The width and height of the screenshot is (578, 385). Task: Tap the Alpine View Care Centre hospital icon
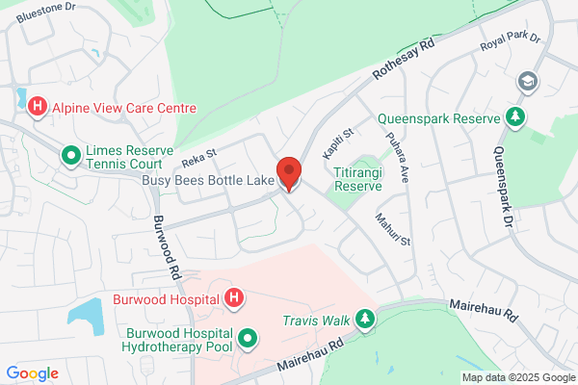[x=38, y=107]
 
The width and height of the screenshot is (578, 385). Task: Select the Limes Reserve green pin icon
[x=70, y=154]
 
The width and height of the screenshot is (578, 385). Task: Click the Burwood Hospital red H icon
[x=233, y=299]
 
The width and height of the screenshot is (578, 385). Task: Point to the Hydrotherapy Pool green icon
[x=248, y=339]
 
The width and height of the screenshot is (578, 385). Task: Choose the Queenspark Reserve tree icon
[x=516, y=117]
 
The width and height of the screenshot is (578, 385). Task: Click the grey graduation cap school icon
[x=526, y=82]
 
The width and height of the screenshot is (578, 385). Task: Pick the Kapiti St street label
[x=338, y=143]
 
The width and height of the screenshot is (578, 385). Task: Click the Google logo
[x=33, y=372]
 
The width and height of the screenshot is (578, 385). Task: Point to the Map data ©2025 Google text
[x=517, y=376]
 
